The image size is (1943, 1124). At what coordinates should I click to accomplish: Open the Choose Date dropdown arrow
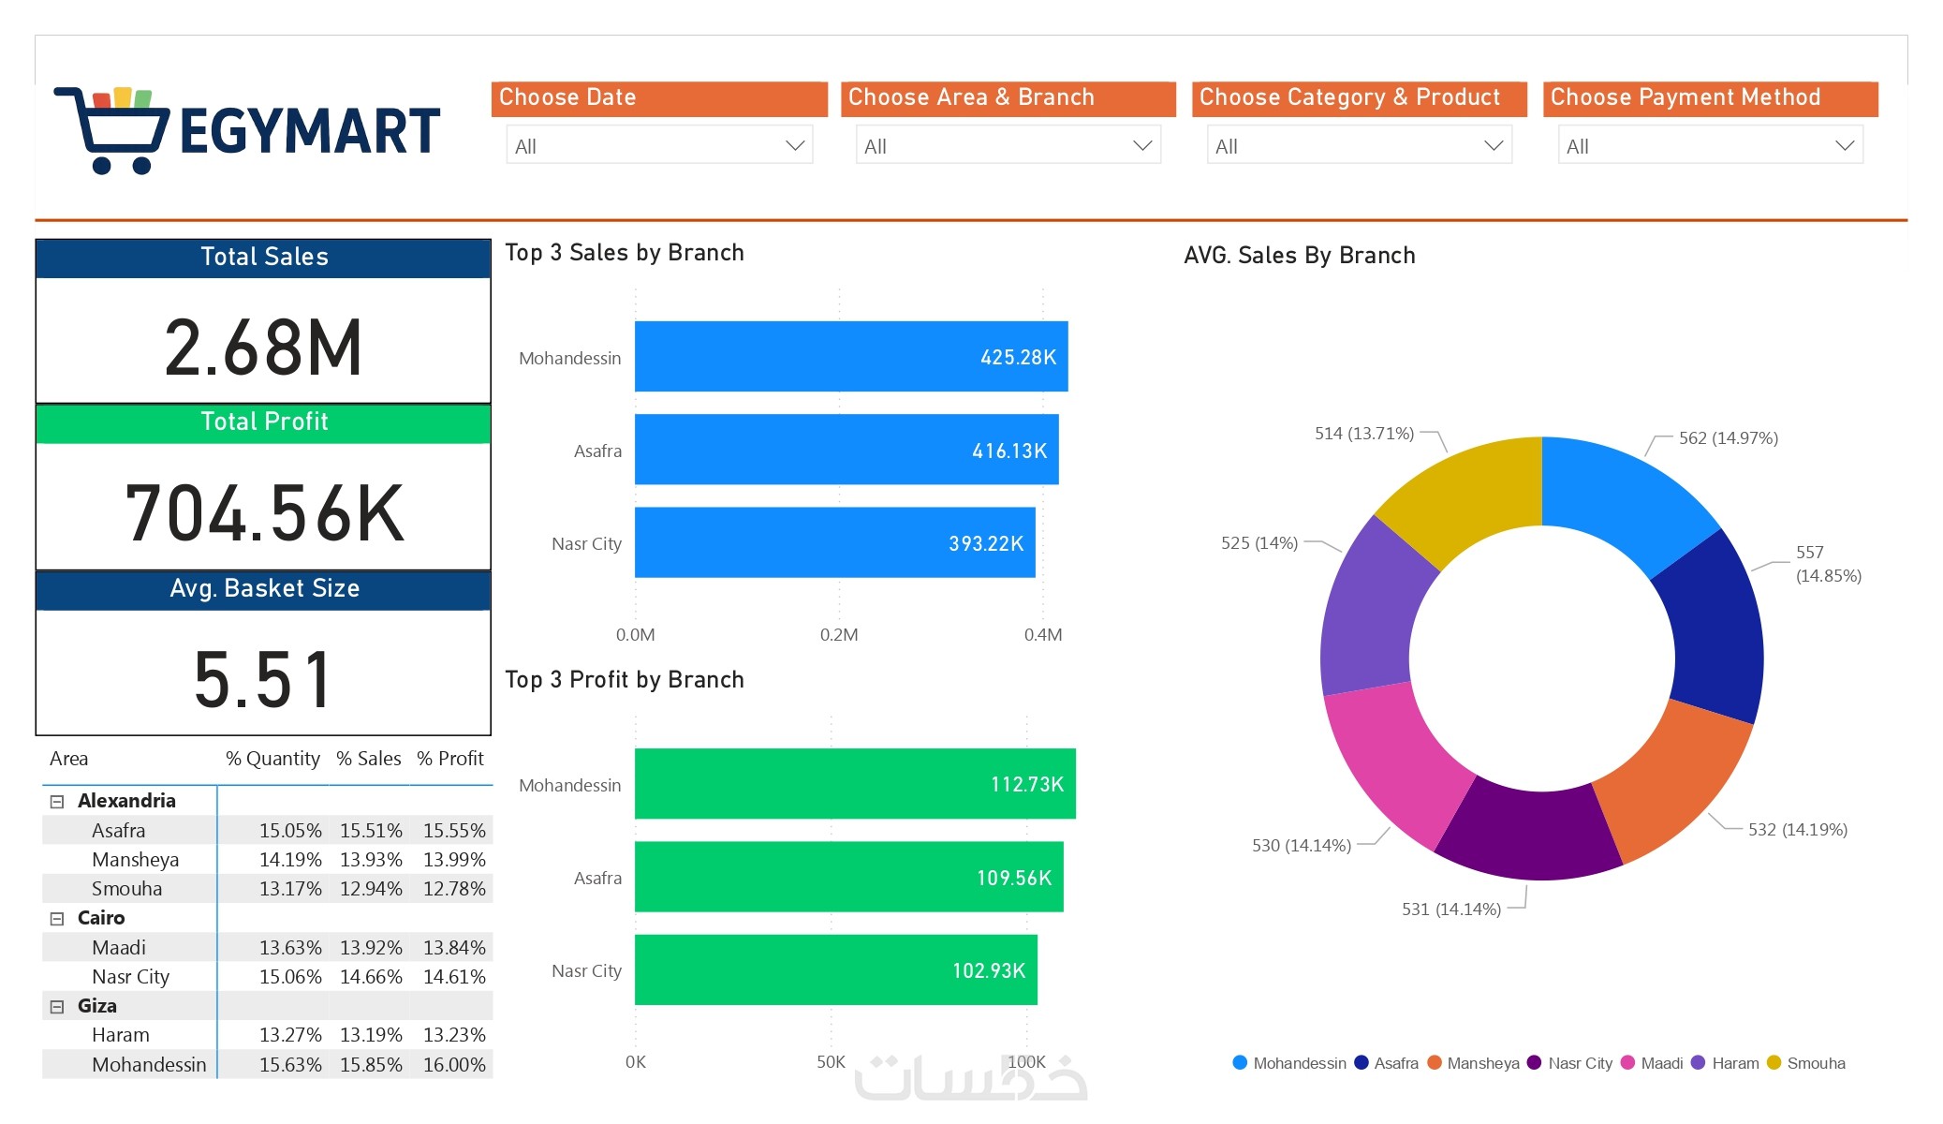(x=795, y=146)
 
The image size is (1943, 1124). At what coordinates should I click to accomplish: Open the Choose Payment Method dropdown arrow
(x=1845, y=146)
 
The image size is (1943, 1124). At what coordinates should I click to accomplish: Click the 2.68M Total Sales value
(x=263, y=348)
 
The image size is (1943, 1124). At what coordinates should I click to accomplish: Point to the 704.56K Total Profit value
(x=265, y=513)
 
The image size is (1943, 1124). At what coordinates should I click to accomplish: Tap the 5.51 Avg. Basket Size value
(x=263, y=679)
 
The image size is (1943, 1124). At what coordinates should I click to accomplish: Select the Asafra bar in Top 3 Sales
(x=846, y=450)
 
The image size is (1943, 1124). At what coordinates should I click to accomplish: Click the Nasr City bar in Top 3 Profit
(x=835, y=969)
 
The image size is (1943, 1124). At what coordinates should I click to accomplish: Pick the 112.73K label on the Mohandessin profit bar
(x=1026, y=784)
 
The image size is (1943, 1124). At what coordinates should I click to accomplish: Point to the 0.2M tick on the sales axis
(x=839, y=635)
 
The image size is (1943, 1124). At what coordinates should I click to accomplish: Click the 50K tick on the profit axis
(x=831, y=1062)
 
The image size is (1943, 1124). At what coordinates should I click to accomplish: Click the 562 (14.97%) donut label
(x=1728, y=438)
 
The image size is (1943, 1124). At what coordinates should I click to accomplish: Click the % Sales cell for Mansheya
(x=371, y=860)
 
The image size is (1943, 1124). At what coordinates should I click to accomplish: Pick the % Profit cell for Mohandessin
(x=454, y=1065)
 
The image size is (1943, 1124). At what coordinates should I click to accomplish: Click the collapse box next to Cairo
(x=57, y=919)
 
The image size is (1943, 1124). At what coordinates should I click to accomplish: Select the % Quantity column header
(x=272, y=759)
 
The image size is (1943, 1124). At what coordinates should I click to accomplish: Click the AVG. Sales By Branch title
(x=1299, y=256)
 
